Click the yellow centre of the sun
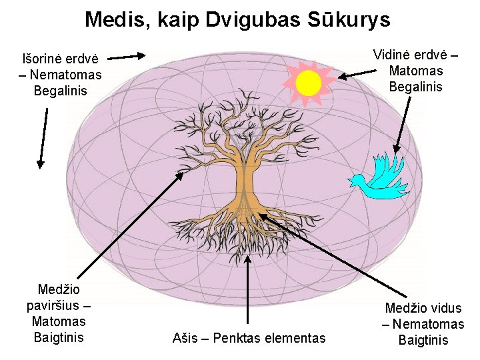pyautogui.click(x=309, y=83)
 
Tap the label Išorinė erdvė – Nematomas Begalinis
pyautogui.click(x=61, y=74)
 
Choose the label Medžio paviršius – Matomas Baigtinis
pyautogui.click(x=59, y=313)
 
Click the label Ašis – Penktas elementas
pyautogui.click(x=249, y=338)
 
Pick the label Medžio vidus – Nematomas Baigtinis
pyautogui.click(x=423, y=324)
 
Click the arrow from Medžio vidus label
pyautogui.click(x=333, y=256)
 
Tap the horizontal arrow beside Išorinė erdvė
pyautogui.click(x=127, y=57)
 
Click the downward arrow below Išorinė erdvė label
pyautogui.click(x=43, y=137)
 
